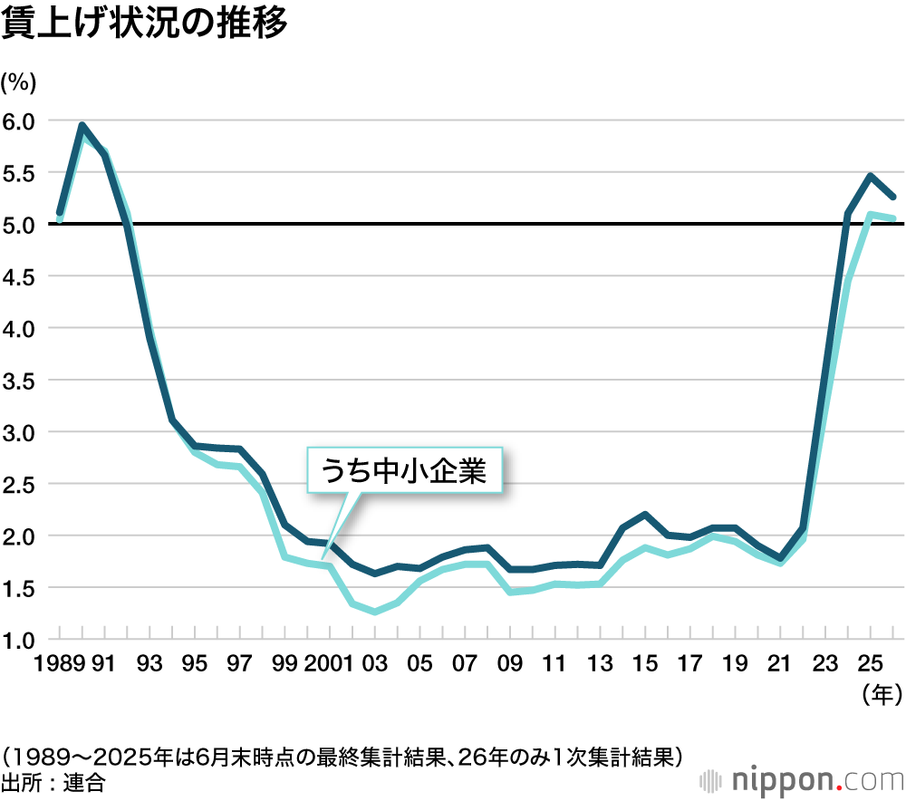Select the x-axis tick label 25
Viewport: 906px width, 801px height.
point(871,665)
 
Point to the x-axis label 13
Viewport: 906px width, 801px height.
point(600,665)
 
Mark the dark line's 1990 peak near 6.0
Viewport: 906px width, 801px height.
point(82,126)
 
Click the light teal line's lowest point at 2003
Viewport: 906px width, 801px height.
point(375,612)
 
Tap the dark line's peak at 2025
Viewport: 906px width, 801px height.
point(871,176)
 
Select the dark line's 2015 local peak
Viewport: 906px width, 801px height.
point(645,515)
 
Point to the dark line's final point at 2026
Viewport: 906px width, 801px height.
point(893,196)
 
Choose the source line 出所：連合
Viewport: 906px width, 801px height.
point(54,782)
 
